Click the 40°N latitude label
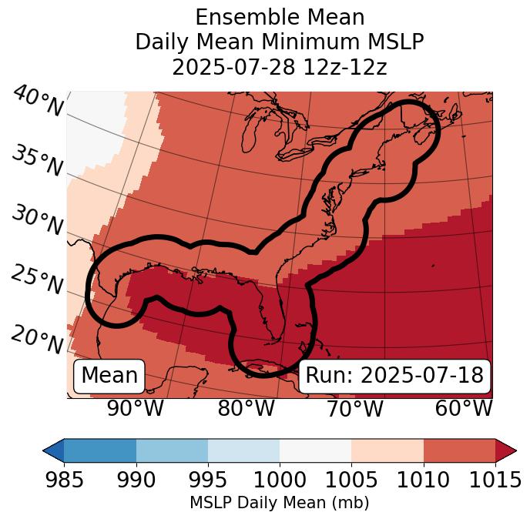pos(37,102)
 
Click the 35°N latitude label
pos(37,161)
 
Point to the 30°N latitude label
pos(37,221)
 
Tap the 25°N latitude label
pos(37,280)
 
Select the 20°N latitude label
pos(37,340)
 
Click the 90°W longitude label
pos(135,408)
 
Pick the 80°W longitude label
pos(246,408)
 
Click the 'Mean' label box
pos(109,376)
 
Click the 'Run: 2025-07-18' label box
pos(394,376)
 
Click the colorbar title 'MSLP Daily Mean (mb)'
pos(280,503)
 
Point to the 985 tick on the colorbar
pos(64,480)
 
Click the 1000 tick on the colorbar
pos(280,480)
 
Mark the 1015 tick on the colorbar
pos(495,480)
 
